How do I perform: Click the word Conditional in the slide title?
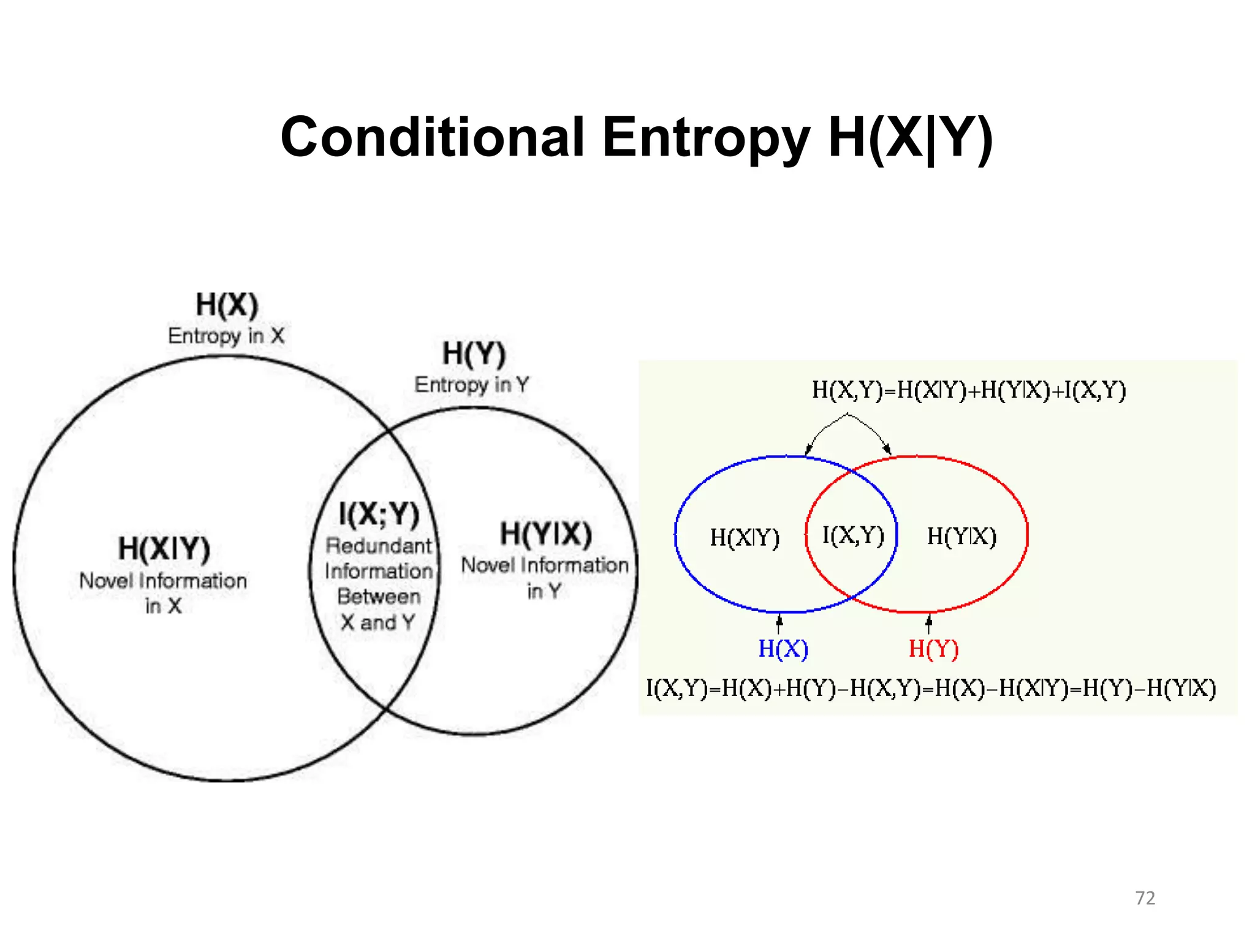coord(432,137)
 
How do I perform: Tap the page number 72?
coord(1145,898)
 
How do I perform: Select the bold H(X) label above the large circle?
coord(227,304)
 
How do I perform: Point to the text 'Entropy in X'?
coord(226,336)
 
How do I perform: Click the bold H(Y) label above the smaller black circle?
coord(474,353)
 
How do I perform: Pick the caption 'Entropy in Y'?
coord(471,385)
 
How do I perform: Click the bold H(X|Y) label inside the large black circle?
coord(164,548)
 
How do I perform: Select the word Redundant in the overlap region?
coord(379,545)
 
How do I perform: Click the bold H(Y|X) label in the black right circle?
coord(545,534)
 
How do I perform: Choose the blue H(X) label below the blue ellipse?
coord(783,648)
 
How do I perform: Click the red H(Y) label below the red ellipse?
coord(933,648)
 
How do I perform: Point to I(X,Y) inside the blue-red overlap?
coord(853,535)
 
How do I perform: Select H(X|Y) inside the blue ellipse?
coord(745,538)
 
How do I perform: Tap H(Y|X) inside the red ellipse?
coord(961,537)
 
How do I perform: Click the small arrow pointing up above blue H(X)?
coord(779,624)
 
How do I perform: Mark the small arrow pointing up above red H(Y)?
coord(928,624)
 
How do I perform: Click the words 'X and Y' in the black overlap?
coord(378,622)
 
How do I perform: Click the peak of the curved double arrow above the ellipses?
coord(847,415)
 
